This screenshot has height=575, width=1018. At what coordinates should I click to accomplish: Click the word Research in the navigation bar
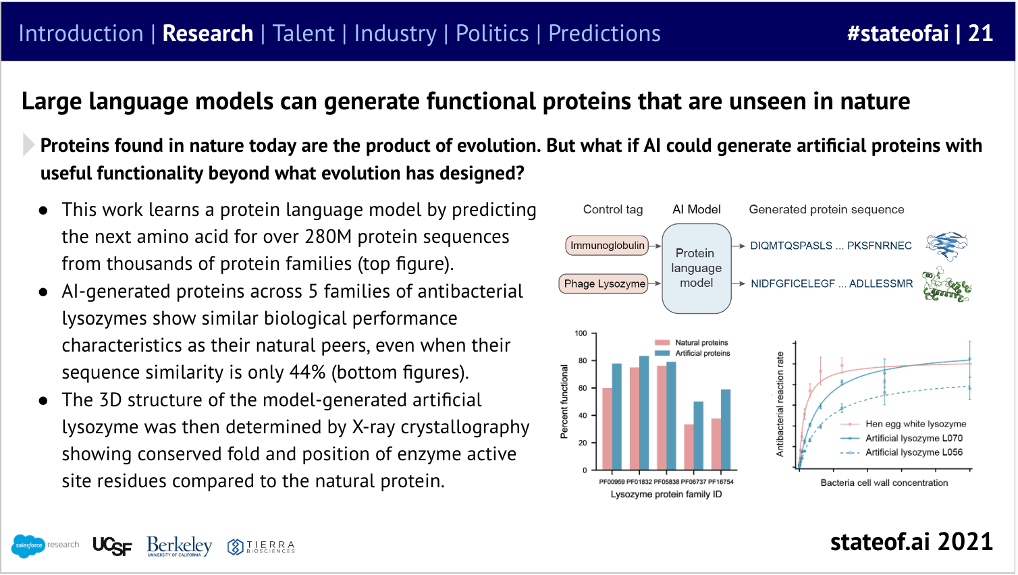(208, 33)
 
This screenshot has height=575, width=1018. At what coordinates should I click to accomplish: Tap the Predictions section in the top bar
(604, 33)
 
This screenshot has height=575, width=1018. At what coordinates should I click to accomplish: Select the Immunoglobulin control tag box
(607, 246)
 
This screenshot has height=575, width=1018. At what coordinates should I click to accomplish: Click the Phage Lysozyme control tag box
(604, 284)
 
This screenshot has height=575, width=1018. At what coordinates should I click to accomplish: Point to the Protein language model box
(696, 268)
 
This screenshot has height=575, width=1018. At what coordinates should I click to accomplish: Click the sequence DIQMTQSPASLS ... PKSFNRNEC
(831, 246)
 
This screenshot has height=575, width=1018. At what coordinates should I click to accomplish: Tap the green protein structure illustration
(946, 285)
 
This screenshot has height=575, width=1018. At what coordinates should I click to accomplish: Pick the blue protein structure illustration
(946, 245)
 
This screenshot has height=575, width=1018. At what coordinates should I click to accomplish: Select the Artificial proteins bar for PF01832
(644, 413)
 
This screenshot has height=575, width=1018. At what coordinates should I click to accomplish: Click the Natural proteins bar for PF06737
(689, 447)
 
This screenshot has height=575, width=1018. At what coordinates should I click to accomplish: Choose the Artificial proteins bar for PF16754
(726, 430)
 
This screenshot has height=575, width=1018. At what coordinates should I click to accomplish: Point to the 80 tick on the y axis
(582, 360)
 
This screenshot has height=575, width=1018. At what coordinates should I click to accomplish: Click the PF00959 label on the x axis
(612, 481)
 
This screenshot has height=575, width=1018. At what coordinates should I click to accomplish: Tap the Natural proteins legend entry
(691, 342)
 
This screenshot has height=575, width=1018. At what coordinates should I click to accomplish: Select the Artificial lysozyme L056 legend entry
(901, 452)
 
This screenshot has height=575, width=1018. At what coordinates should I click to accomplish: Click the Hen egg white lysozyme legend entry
(903, 425)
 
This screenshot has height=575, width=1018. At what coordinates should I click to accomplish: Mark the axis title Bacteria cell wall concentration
(884, 483)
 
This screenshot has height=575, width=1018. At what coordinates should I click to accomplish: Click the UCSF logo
(112, 546)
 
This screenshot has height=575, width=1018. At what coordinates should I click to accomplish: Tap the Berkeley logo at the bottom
(180, 546)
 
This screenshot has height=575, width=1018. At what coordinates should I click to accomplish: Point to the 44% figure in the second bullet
(307, 373)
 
